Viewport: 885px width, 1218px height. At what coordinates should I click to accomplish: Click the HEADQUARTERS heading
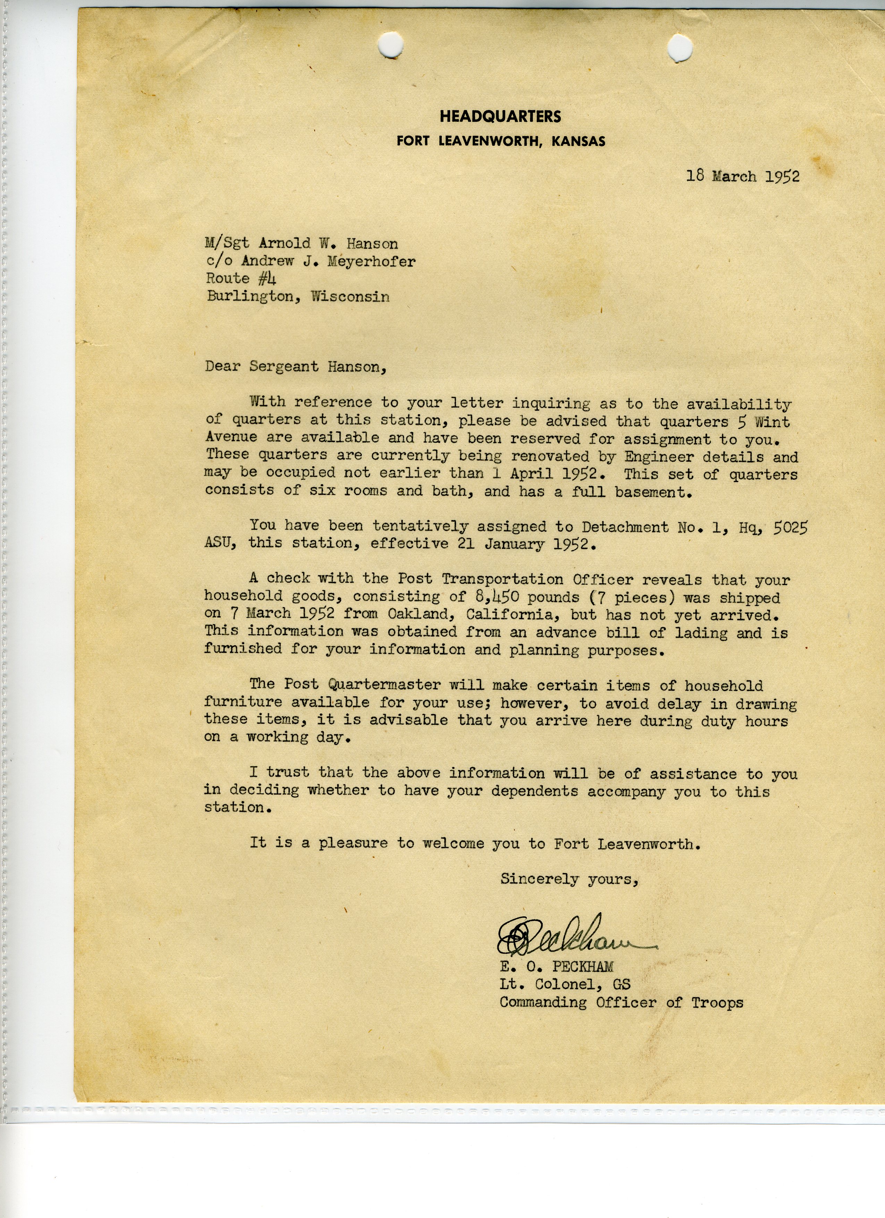(x=500, y=117)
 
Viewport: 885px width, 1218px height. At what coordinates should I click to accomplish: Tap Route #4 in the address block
(x=241, y=279)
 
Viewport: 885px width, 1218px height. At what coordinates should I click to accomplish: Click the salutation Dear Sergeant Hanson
(x=295, y=367)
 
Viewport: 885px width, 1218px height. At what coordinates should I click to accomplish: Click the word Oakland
(x=425, y=614)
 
